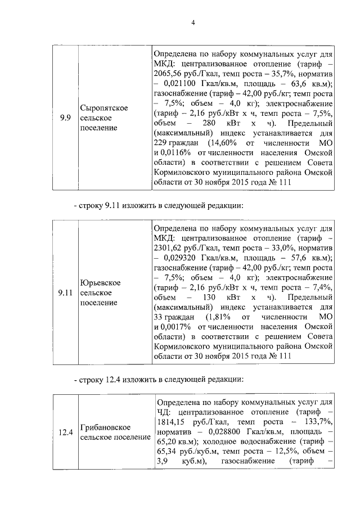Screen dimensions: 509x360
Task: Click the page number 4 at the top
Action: click(193, 23)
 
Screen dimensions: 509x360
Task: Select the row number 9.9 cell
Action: click(65, 118)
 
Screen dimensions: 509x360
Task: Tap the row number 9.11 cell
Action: click(65, 292)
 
